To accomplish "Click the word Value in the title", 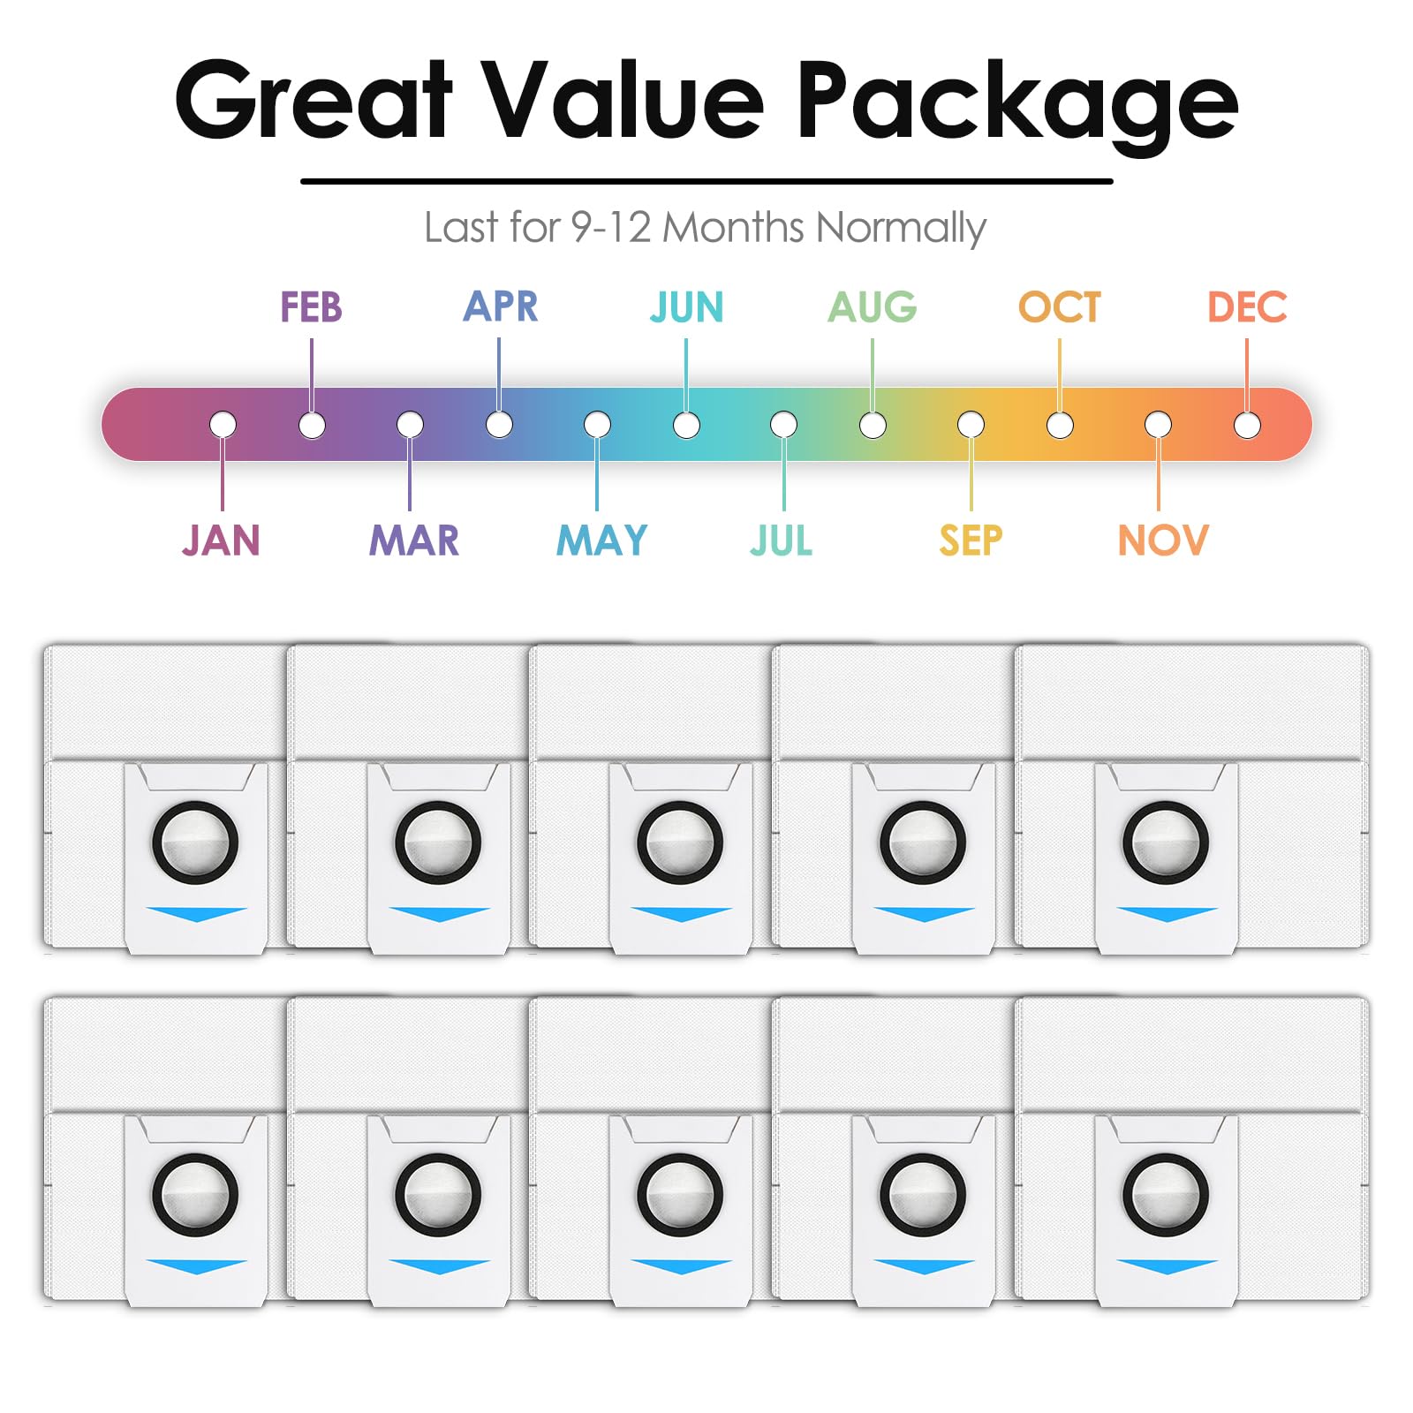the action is (x=626, y=100).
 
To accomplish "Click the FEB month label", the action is (x=311, y=307).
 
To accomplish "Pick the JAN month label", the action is (x=222, y=540).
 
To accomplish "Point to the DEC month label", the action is (x=1247, y=307).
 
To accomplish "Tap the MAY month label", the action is (x=601, y=540).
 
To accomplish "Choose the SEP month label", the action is (x=971, y=540).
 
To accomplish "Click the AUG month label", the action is (x=873, y=307).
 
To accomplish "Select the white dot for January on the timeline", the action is (x=223, y=425).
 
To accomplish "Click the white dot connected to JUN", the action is (x=686, y=425).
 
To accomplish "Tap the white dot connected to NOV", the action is (x=1158, y=425).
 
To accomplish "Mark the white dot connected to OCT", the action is (x=1060, y=425).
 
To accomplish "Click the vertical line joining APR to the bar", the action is (x=499, y=375).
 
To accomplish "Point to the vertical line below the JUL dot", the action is (x=783, y=474).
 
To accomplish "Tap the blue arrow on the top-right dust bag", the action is (x=1167, y=914).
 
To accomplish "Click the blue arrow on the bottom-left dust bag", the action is (x=196, y=1266).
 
